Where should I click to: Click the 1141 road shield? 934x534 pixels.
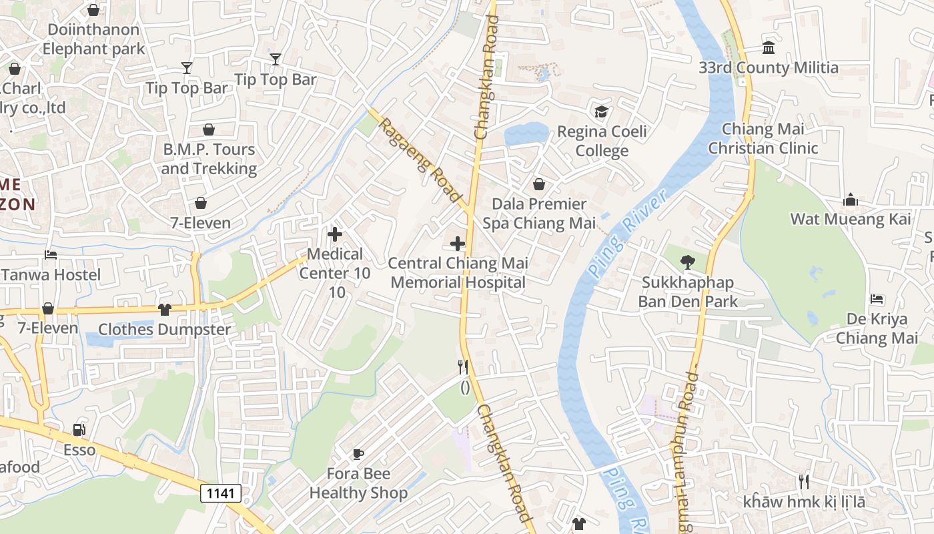221,493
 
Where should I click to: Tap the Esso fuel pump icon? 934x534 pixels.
79,430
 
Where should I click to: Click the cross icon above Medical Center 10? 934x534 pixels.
335,234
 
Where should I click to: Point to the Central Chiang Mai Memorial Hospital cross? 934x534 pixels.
458,244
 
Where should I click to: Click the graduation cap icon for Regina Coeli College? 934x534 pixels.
601,111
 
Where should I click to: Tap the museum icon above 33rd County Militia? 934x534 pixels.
769,48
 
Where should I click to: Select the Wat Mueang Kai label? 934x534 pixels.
850,219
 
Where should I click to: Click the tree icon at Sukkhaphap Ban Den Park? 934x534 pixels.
687,262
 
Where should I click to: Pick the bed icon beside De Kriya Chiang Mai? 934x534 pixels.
877,300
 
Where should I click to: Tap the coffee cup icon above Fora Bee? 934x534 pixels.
358,455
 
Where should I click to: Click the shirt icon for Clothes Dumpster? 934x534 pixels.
164,309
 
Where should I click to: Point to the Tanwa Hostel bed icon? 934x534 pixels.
51,254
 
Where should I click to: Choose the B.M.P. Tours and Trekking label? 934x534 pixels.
209,159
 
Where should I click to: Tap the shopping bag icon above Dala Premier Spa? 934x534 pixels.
538,184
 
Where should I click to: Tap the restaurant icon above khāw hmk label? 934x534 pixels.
804,481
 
